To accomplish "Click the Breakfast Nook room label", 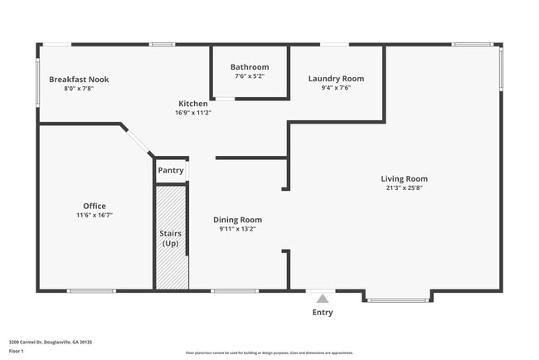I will click(x=79, y=80).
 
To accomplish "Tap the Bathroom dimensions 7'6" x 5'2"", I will click(x=250, y=76).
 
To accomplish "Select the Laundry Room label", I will click(x=336, y=79).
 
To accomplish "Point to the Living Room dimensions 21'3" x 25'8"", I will click(x=404, y=188).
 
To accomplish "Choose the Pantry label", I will click(x=170, y=170).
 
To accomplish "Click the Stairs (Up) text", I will click(x=170, y=239).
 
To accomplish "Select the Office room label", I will click(x=95, y=206).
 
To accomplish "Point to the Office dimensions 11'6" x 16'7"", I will click(x=95, y=215).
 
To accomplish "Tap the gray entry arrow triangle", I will click(x=322, y=297).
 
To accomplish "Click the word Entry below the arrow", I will click(x=322, y=313).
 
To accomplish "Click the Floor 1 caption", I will click(x=17, y=352).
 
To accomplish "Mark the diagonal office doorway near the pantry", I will click(x=138, y=140).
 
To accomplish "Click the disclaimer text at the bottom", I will click(x=269, y=353).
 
